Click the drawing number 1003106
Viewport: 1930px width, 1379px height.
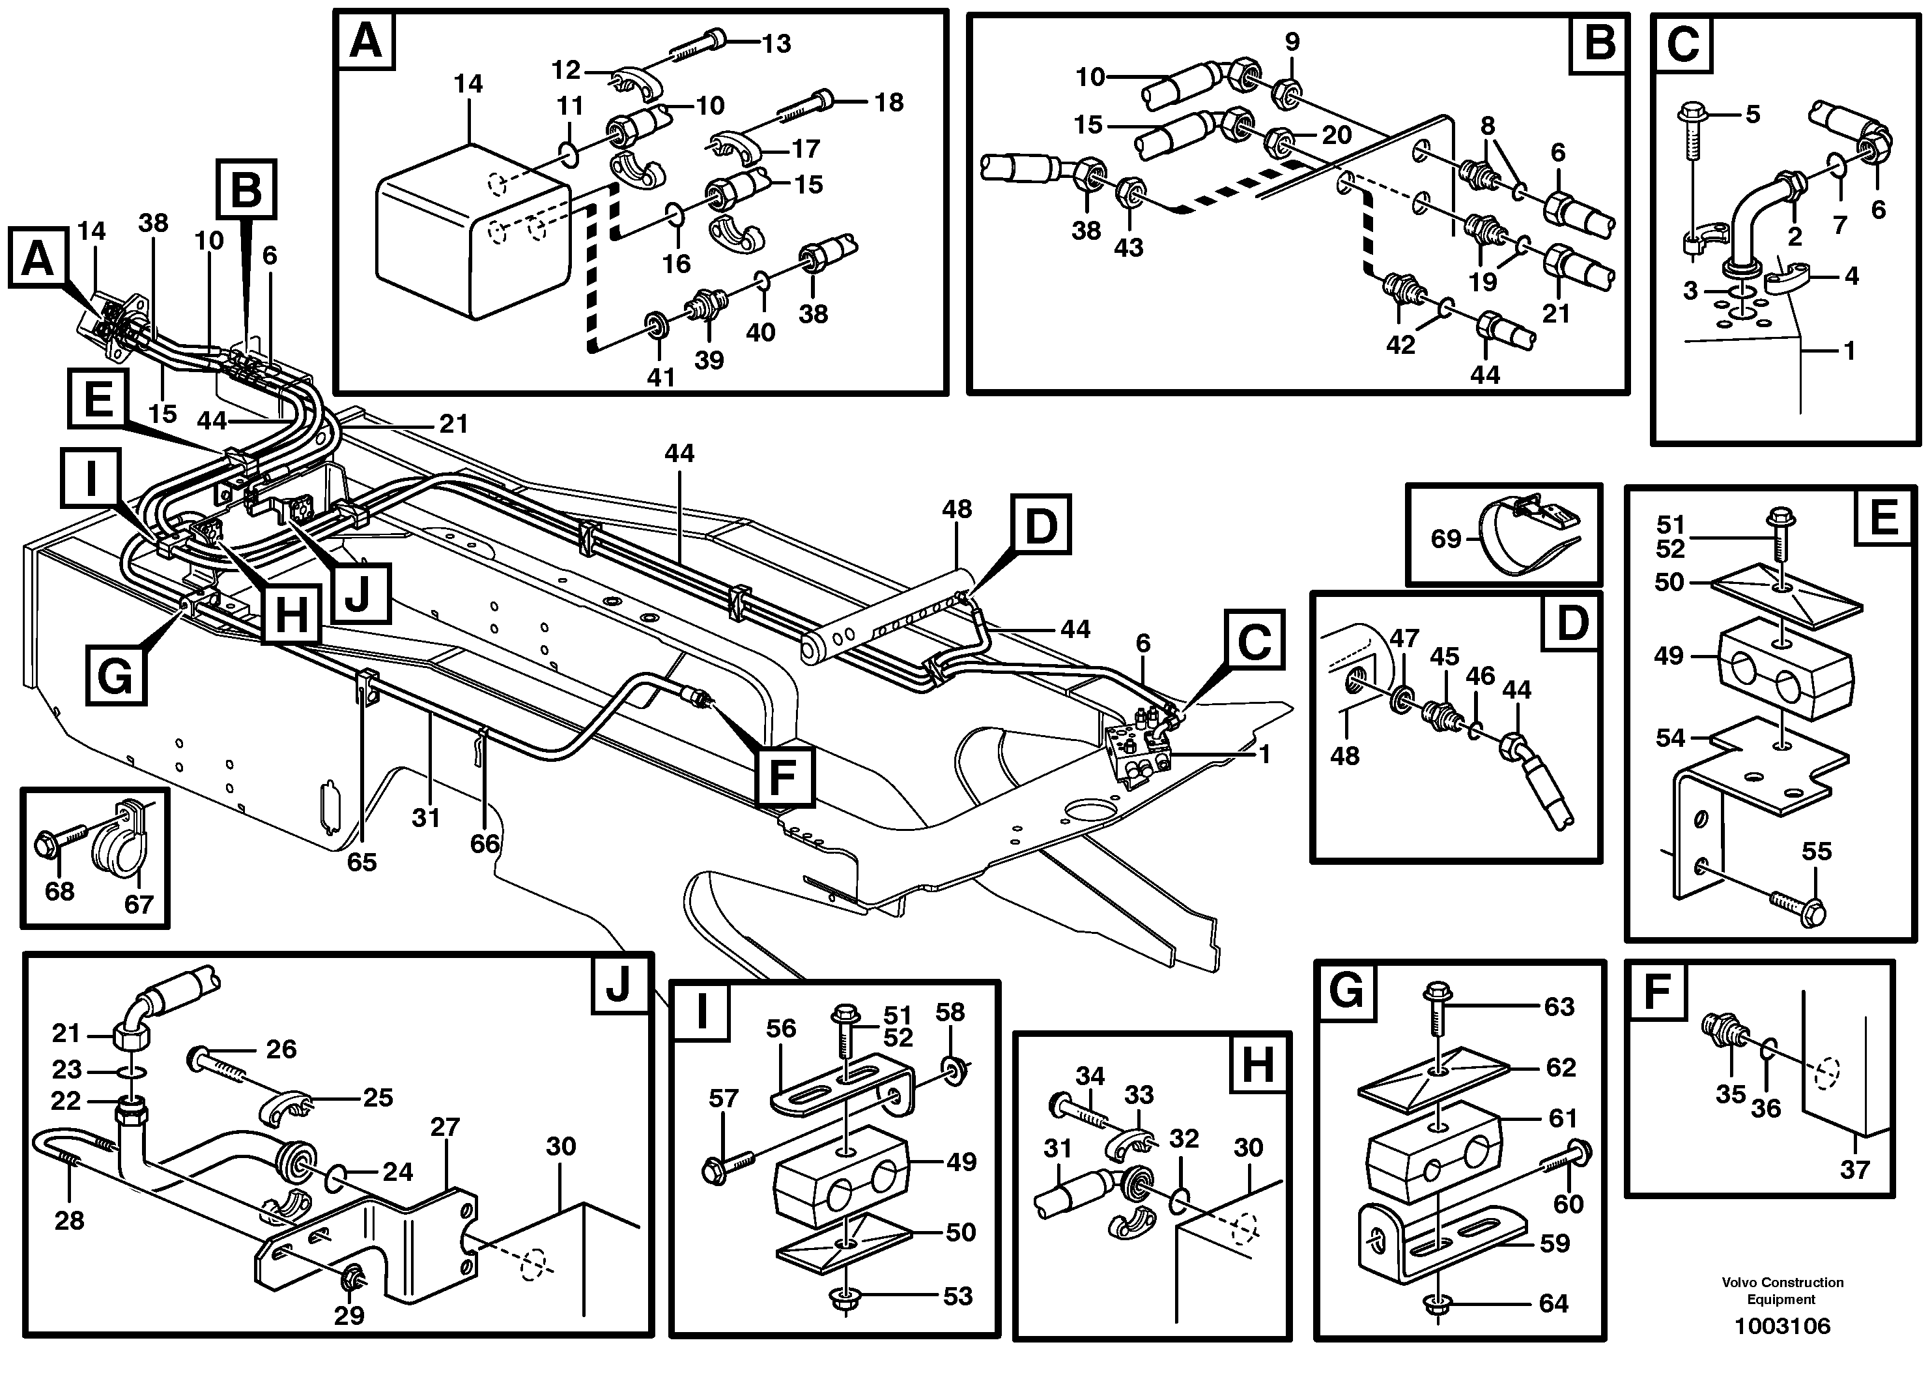[x=1782, y=1326]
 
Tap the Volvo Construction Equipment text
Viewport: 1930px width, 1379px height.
[x=1782, y=1290]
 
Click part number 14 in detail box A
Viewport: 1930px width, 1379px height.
[x=468, y=84]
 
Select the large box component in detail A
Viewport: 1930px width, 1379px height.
[x=471, y=233]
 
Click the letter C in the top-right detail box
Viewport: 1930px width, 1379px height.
[x=1683, y=44]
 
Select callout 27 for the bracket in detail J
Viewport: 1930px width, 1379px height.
[x=445, y=1127]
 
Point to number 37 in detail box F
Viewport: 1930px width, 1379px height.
[x=1854, y=1170]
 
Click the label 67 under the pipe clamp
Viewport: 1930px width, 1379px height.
[x=138, y=905]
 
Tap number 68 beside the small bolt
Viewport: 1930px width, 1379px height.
[x=59, y=892]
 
